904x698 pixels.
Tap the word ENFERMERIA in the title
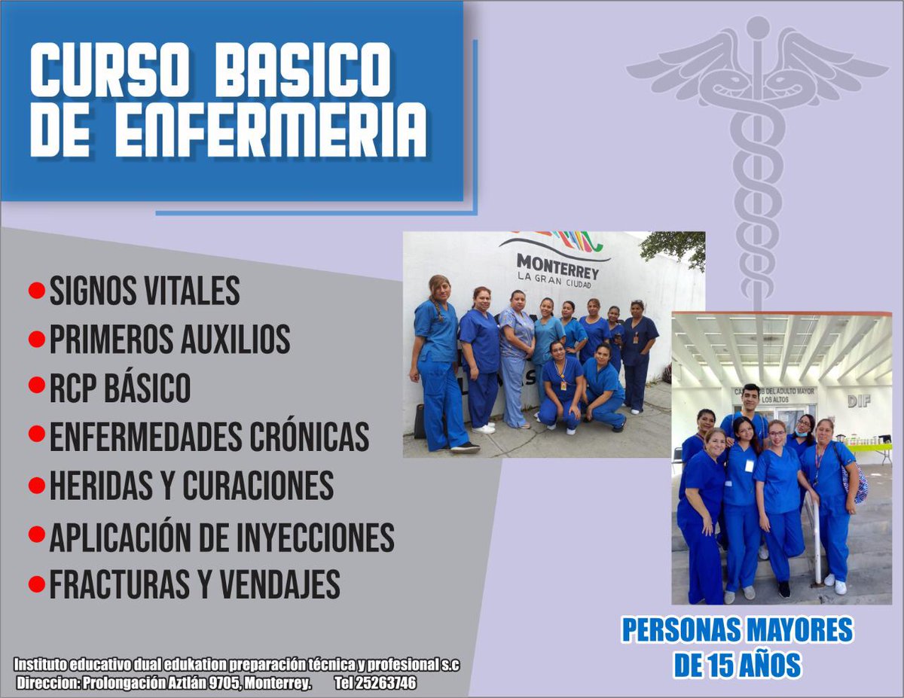click(x=270, y=130)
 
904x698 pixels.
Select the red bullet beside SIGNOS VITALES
click(x=36, y=291)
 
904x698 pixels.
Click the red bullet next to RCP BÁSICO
click(x=36, y=386)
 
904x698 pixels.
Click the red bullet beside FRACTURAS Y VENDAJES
click(x=36, y=584)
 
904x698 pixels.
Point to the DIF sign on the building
click(x=859, y=401)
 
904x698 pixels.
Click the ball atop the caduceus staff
click(x=757, y=26)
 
